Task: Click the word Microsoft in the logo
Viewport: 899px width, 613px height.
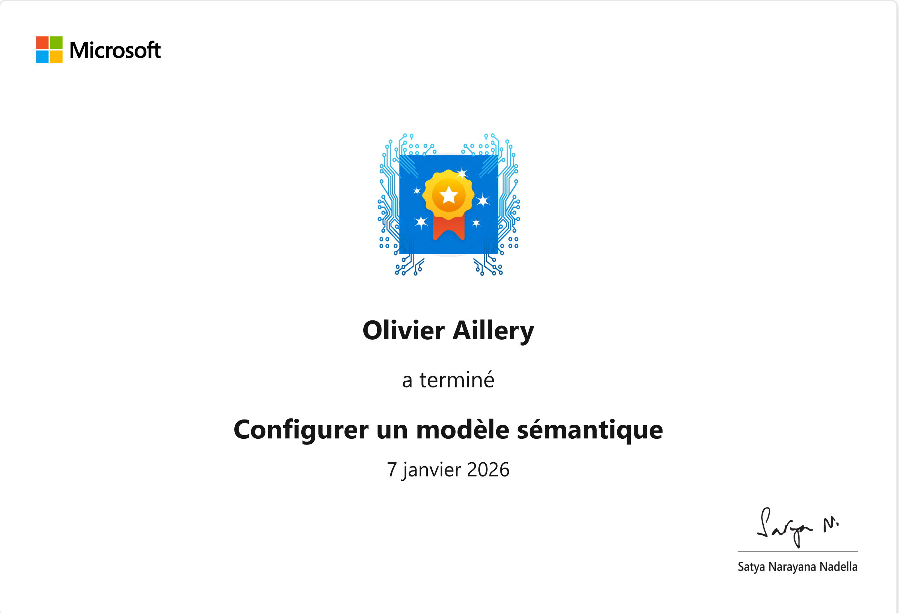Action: (x=115, y=50)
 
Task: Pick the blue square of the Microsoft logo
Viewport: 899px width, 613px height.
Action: (x=42, y=57)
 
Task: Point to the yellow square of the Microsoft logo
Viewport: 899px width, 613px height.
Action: (x=56, y=57)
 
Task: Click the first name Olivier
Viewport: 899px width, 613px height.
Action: (x=404, y=330)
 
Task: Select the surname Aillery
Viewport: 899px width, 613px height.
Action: (x=494, y=332)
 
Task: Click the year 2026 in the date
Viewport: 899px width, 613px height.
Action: (x=488, y=470)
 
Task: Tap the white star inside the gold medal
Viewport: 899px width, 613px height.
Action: (x=449, y=195)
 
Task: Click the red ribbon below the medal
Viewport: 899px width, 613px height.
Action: (x=449, y=228)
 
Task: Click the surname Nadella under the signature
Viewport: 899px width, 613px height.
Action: (x=839, y=567)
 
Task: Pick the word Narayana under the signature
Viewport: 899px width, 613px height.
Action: (x=792, y=567)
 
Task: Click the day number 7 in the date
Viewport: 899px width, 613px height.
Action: (x=392, y=470)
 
